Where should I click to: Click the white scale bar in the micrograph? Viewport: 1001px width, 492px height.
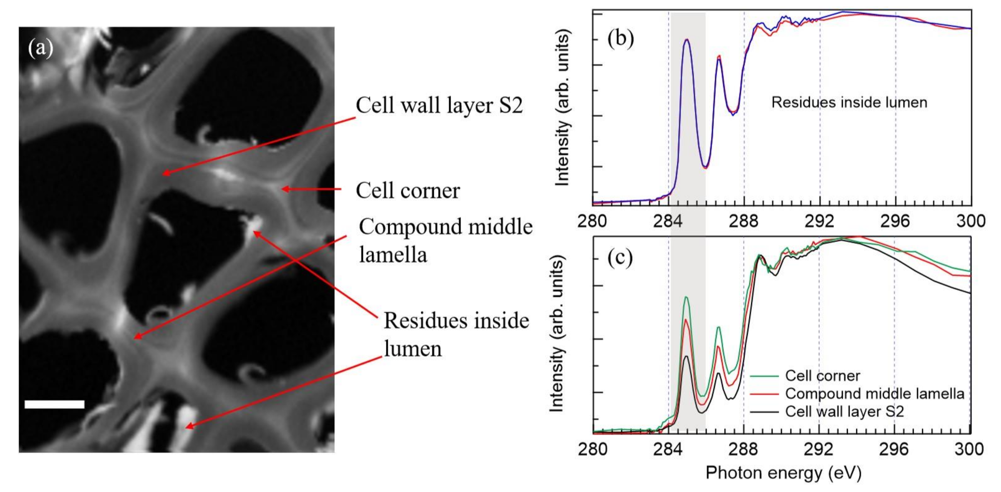pos(54,404)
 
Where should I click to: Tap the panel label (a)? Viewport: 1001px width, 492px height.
pos(41,49)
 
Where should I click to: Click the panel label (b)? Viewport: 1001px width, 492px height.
pos(620,39)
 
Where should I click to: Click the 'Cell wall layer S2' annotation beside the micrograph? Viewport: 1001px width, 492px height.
pos(439,106)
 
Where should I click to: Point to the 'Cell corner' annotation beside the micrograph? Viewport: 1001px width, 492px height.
pos(408,191)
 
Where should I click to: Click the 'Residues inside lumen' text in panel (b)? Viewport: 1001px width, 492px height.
pos(849,102)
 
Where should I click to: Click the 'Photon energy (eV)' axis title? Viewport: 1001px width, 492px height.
pos(783,473)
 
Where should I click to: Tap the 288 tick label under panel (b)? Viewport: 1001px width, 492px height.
pos(743,221)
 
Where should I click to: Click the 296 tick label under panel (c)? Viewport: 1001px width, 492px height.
pos(894,449)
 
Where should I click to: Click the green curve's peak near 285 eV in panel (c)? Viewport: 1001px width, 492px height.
pos(686,297)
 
